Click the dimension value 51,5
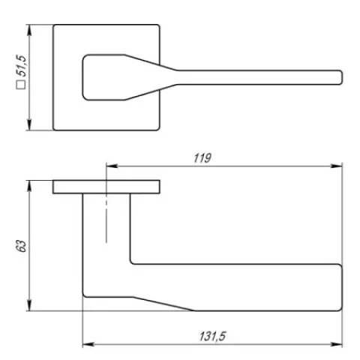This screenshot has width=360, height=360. [x=21, y=66]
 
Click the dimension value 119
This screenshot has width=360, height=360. [x=202, y=158]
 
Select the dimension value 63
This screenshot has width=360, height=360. [x=21, y=246]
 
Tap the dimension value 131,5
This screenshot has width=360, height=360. [x=212, y=336]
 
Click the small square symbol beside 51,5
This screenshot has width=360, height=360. [x=21, y=85]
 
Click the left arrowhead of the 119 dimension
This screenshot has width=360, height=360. [x=112, y=166]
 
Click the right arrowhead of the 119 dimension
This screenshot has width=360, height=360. [x=336, y=166]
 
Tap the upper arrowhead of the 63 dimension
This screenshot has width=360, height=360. [x=29, y=186]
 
